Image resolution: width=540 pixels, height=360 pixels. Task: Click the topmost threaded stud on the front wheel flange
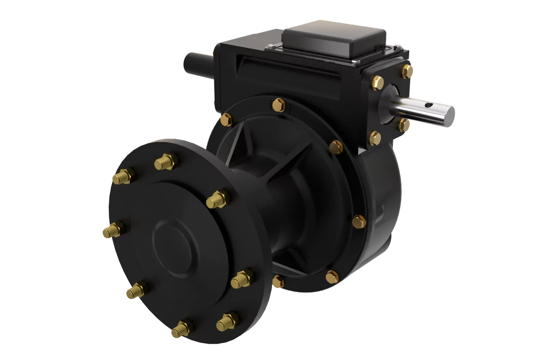pos(166,161)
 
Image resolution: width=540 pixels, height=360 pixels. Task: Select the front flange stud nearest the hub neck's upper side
pos(218,199)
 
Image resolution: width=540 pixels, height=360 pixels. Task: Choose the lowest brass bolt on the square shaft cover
pos(375,137)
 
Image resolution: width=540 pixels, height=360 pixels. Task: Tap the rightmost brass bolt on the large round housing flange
pos(359,221)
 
